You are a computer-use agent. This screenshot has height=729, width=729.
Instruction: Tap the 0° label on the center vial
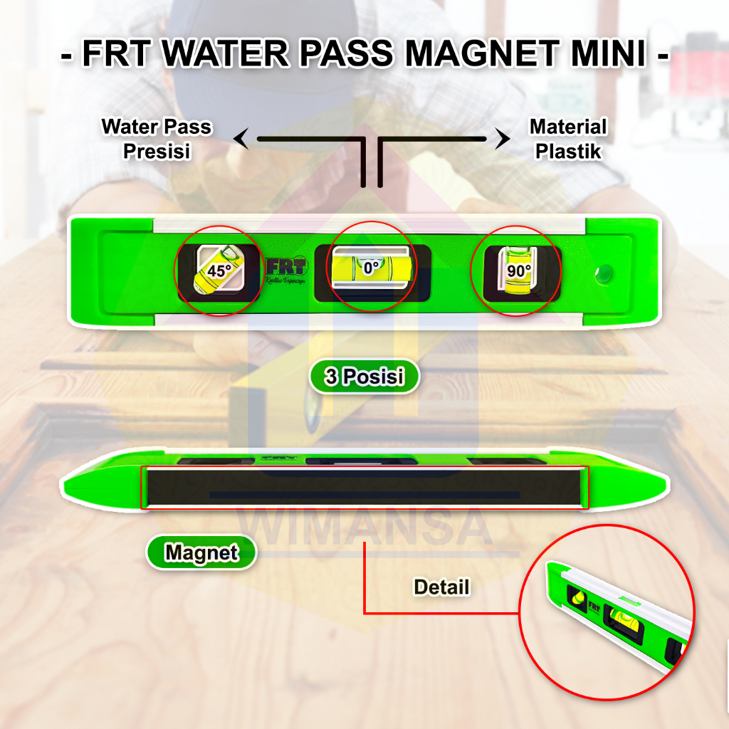tap(371, 268)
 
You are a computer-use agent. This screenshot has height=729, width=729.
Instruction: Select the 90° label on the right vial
tap(519, 271)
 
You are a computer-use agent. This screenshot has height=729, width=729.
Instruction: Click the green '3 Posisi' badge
tap(364, 377)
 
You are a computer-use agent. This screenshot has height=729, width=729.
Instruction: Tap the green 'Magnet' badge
tap(201, 552)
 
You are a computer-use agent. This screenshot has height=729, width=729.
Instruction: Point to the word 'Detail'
tap(441, 587)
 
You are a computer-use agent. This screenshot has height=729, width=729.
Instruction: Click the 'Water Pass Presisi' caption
tap(157, 139)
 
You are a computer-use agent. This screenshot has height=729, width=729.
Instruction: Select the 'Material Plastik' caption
tap(568, 139)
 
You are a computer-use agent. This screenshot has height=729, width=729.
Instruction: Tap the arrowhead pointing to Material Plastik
tap(503, 140)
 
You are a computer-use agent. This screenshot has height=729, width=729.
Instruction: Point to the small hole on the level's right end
tap(604, 271)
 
